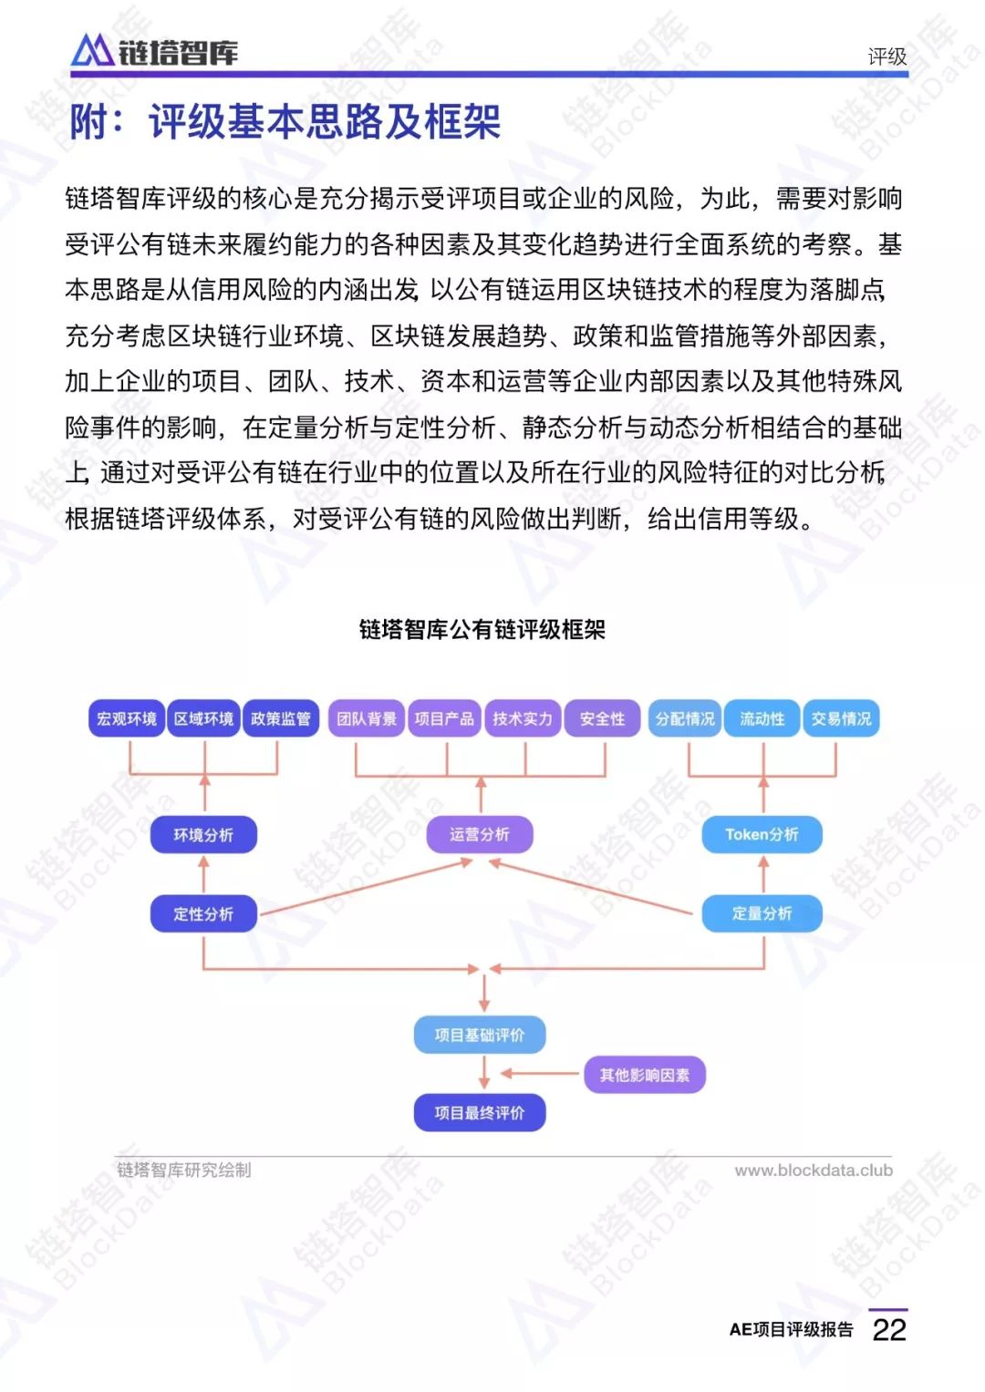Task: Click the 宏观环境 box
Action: (x=127, y=718)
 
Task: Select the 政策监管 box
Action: (x=281, y=718)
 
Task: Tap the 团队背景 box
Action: (x=367, y=718)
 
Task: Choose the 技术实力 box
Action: (x=523, y=718)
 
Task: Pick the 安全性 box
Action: (x=602, y=718)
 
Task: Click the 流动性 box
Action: (x=762, y=718)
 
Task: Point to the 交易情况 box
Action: (x=841, y=718)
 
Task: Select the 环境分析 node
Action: (x=203, y=835)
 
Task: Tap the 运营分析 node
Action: (x=480, y=835)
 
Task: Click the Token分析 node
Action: (x=762, y=835)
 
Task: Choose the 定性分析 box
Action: (x=203, y=913)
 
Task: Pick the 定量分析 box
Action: (x=762, y=913)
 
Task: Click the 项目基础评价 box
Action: (x=480, y=1035)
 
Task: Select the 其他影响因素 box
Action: (x=645, y=1075)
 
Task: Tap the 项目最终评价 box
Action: (x=480, y=1112)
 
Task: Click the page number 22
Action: (x=889, y=1331)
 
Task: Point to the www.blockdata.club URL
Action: (x=814, y=1170)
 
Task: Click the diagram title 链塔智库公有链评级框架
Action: (x=482, y=630)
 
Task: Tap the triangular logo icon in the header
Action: (x=92, y=50)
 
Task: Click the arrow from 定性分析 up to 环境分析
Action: (x=204, y=875)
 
